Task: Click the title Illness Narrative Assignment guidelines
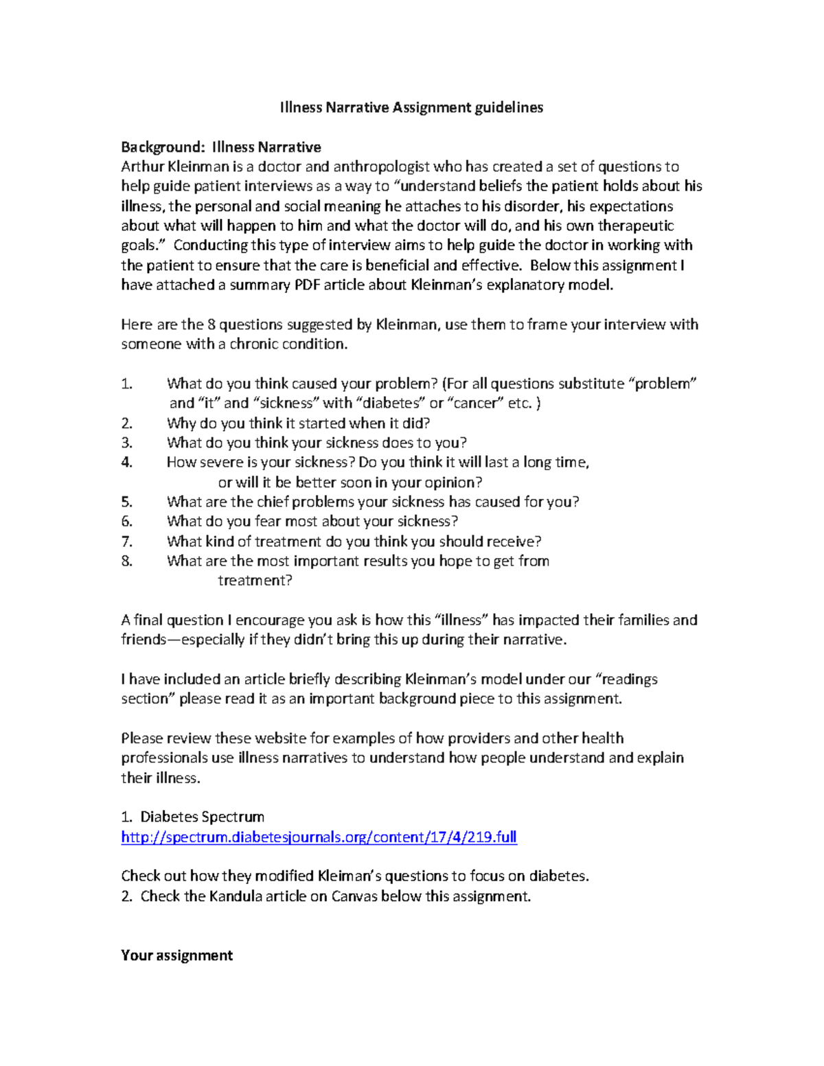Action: tap(411, 107)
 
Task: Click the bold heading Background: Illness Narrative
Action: tap(220, 147)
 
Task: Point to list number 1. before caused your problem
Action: tap(126, 384)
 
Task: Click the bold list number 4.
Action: tap(126, 463)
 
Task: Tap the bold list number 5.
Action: tap(126, 502)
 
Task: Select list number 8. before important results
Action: tap(126, 561)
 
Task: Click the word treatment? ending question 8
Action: tap(255, 581)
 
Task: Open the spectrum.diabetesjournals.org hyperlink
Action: tap(319, 837)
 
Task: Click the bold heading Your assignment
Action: tap(176, 955)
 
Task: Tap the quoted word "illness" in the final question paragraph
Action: tap(461, 621)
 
